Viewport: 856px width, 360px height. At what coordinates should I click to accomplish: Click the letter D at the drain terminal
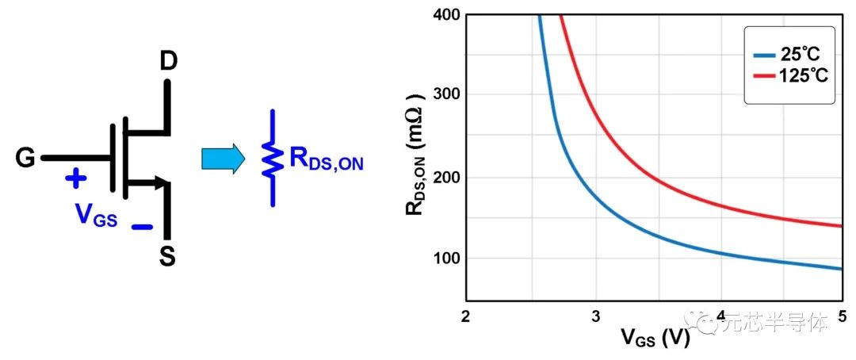tap(167, 61)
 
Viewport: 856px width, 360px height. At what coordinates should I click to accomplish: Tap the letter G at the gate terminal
tap(25, 159)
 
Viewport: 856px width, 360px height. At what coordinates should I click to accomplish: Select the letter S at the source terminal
tap(167, 256)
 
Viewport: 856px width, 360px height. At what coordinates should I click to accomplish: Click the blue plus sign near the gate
tap(75, 178)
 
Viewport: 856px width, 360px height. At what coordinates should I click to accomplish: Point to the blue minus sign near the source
tap(142, 227)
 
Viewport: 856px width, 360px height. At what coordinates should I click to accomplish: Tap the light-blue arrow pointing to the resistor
tap(224, 159)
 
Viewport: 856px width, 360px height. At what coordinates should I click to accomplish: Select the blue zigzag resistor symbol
tap(273, 159)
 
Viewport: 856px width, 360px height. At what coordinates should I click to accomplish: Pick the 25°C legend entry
tap(789, 54)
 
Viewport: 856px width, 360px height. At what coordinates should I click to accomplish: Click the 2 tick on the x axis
tap(466, 316)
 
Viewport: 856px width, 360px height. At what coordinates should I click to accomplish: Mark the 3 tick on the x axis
tap(595, 316)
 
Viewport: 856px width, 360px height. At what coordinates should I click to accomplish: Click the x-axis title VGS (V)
tap(654, 339)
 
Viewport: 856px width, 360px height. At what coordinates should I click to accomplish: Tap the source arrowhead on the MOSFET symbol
tap(164, 185)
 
